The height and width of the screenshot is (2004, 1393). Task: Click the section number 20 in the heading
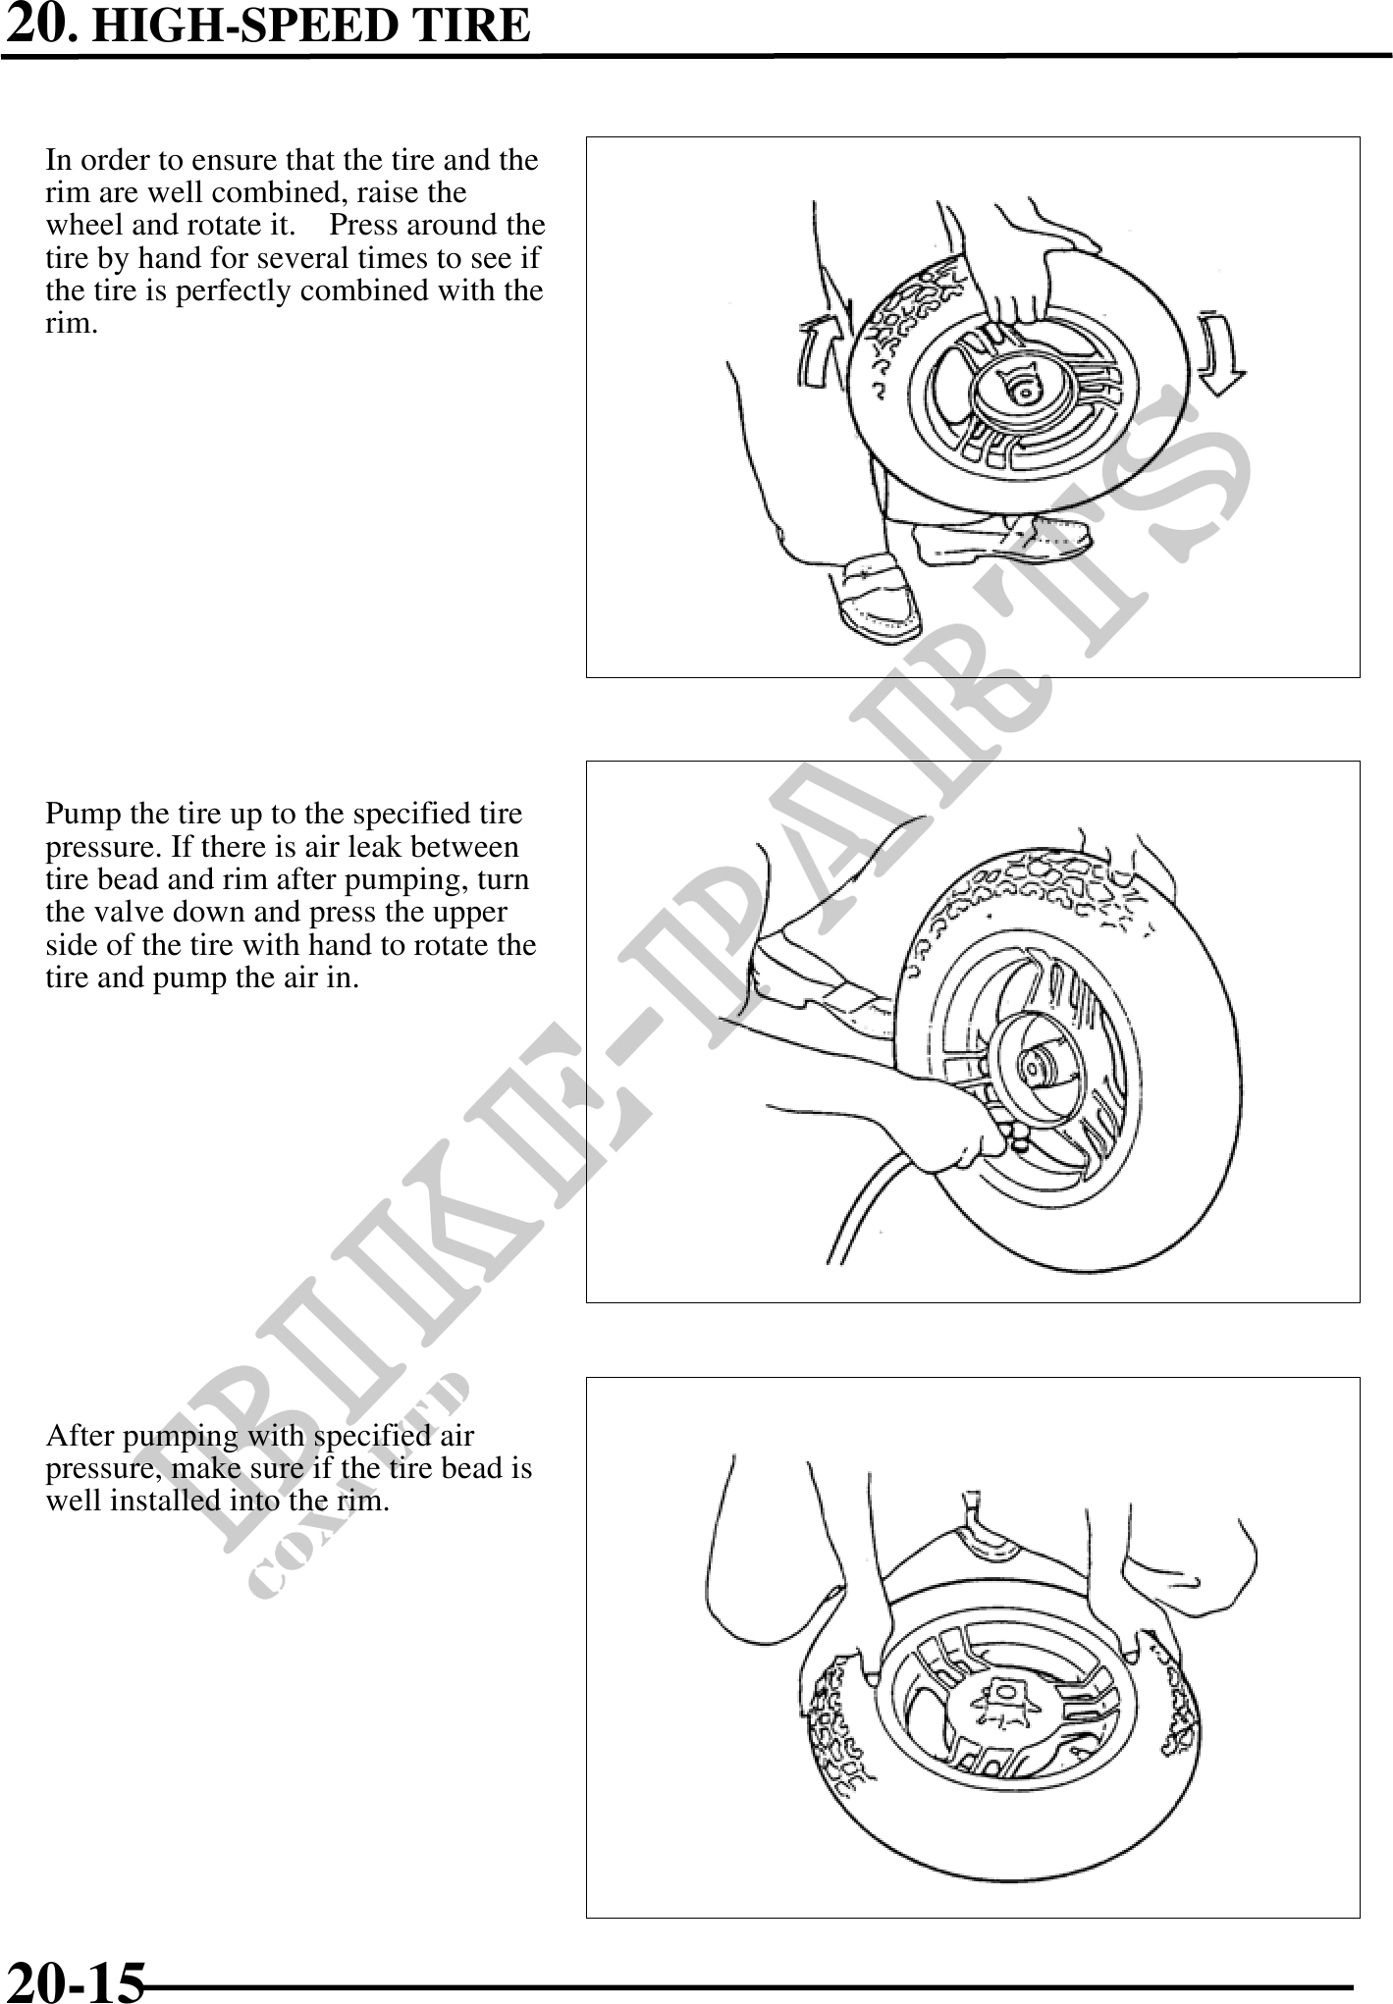click(38, 24)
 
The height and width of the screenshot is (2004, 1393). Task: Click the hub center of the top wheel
click(1024, 392)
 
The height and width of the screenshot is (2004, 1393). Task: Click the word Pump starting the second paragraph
click(80, 815)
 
